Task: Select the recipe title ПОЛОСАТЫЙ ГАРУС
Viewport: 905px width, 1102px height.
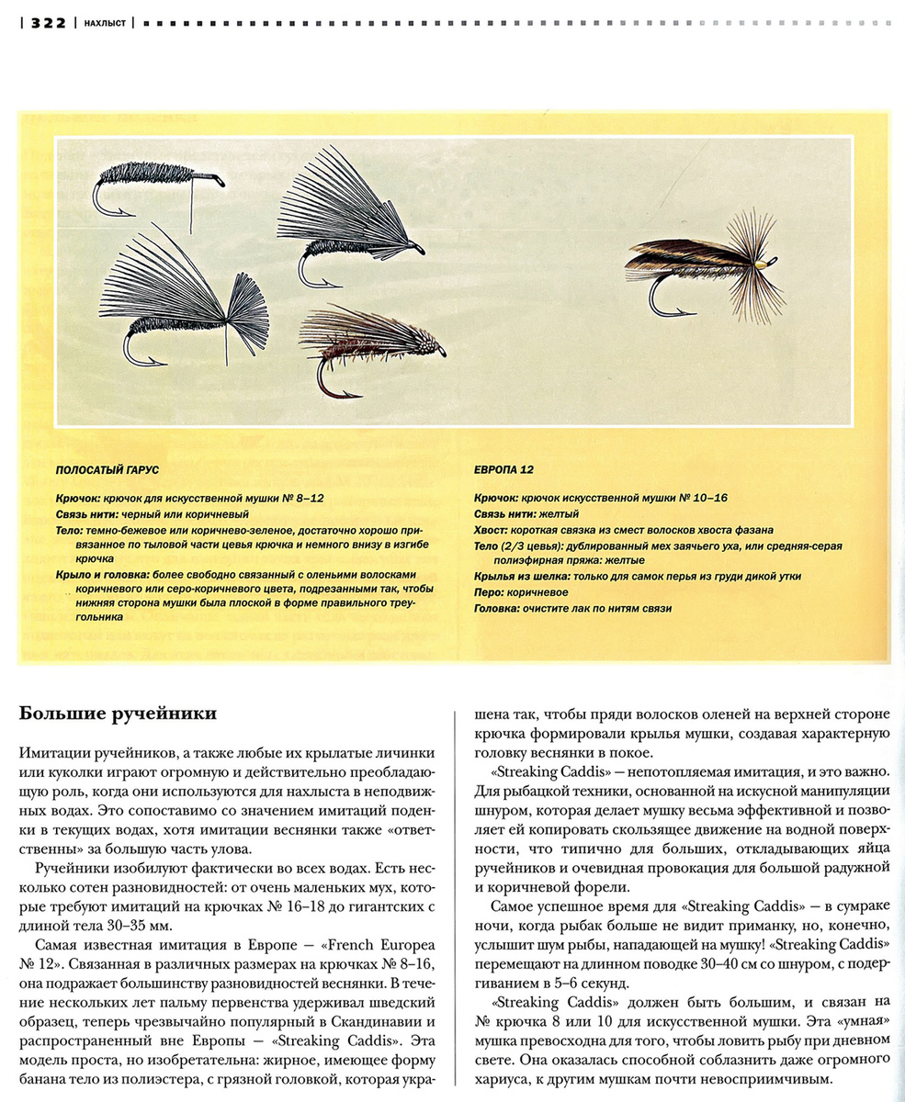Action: point(107,469)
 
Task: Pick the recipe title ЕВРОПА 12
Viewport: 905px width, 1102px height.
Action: point(503,469)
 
